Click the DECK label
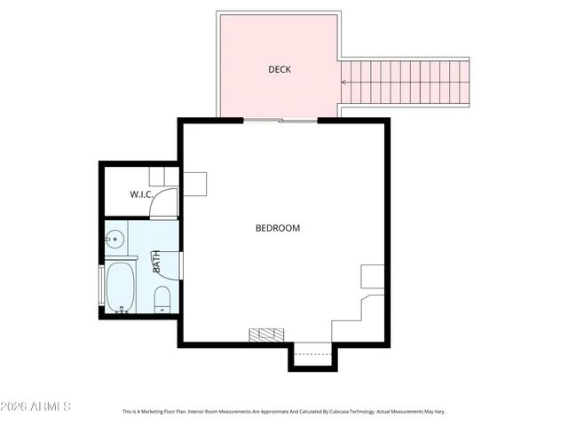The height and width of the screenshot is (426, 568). tap(280, 69)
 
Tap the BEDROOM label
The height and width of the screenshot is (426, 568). tap(278, 228)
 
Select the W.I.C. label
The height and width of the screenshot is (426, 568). tap(141, 194)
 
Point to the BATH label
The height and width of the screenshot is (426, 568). tap(156, 262)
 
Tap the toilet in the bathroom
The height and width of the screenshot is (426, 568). tap(162, 297)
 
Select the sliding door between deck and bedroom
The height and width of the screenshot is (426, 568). tap(280, 120)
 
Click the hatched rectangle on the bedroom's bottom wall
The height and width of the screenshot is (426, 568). tap(266, 335)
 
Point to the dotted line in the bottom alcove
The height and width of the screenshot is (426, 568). tap(312, 354)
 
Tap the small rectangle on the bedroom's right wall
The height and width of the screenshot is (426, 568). tap(372, 276)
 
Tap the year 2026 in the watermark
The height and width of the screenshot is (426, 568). tap(18, 406)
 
